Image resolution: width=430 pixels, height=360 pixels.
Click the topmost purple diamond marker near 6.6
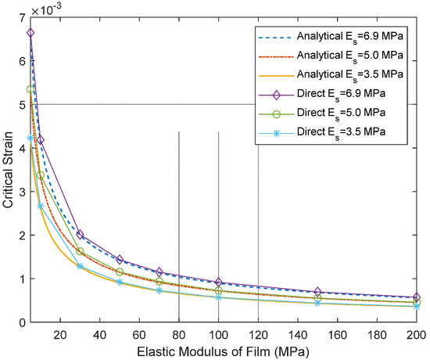[30, 33]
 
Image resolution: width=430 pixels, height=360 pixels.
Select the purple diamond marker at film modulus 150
[317, 292]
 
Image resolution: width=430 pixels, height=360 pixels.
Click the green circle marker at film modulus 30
[81, 251]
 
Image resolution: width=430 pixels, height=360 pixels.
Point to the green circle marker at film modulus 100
[219, 290]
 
